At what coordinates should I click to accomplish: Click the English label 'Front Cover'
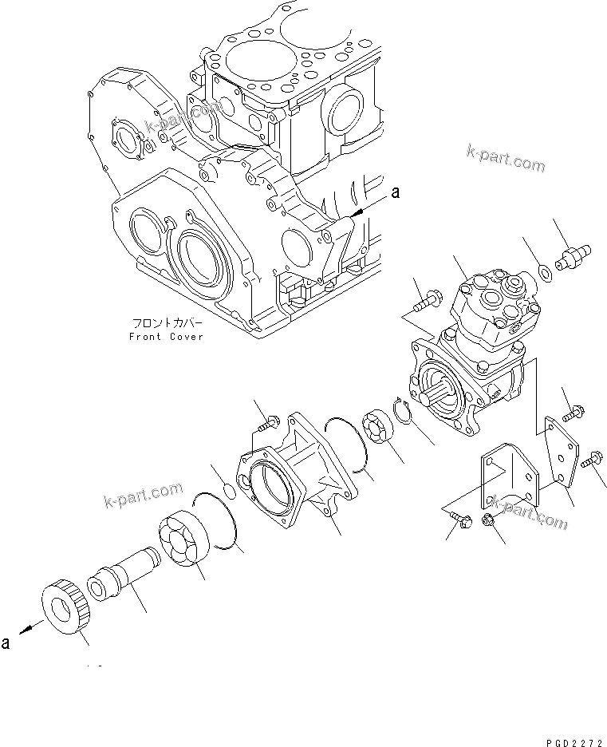pos(166,337)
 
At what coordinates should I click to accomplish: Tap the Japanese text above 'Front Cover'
pos(168,324)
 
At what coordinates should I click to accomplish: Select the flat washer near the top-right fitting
pos(543,274)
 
